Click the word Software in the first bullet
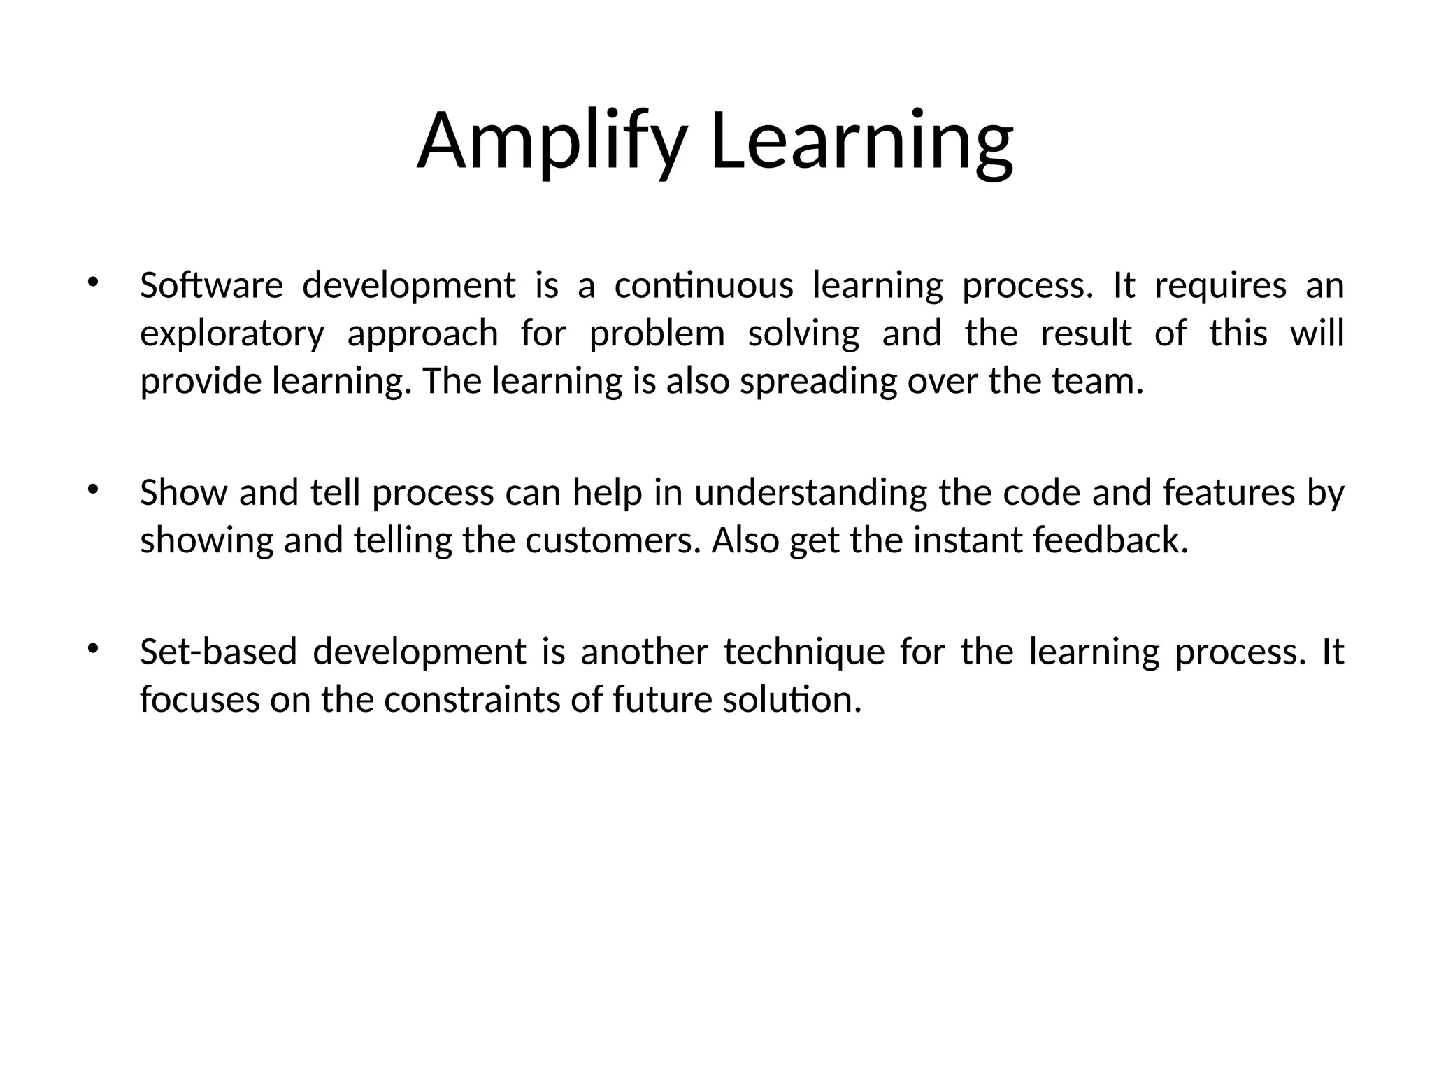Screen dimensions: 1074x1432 (211, 286)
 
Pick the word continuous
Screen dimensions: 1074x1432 (703, 286)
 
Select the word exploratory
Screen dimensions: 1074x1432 (232, 334)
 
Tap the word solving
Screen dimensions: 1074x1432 (803, 334)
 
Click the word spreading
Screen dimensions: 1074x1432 (818, 382)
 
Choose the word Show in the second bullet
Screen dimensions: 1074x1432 (183, 493)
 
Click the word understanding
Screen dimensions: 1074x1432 (810, 494)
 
